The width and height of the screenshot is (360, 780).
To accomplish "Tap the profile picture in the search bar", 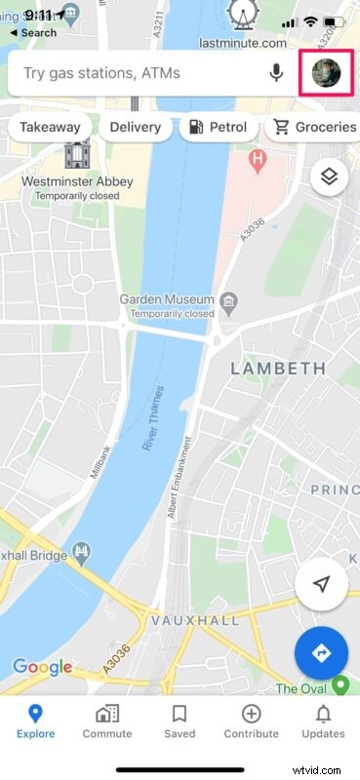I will tap(326, 73).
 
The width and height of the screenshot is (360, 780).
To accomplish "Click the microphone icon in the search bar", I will tap(277, 73).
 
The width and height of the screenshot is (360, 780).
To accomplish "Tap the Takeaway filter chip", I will tap(49, 127).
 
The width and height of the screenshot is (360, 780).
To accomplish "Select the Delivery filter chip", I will tap(135, 127).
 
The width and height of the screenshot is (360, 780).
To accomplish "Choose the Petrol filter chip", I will tap(219, 127).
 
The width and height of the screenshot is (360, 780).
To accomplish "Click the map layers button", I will tap(329, 176).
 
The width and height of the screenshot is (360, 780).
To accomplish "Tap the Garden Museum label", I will tap(163, 299).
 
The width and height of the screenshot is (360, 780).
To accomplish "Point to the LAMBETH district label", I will tap(277, 369).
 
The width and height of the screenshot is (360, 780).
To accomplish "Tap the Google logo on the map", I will tap(42, 668).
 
